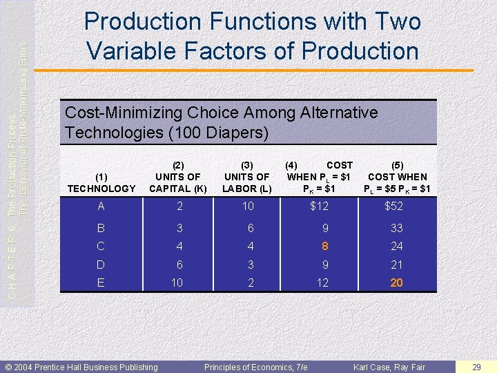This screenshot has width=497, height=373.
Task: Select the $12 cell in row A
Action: pyautogui.click(x=320, y=206)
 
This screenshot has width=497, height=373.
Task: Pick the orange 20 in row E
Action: pyautogui.click(x=396, y=283)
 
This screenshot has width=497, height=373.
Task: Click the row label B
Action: pyautogui.click(x=101, y=228)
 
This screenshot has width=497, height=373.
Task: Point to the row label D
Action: pyautogui.click(x=101, y=265)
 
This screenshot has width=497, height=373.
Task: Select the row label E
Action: pyautogui.click(x=101, y=283)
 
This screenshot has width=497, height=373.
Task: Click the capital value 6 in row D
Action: pyautogui.click(x=179, y=265)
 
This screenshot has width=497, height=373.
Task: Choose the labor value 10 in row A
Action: pyautogui.click(x=248, y=206)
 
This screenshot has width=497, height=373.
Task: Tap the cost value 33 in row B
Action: pyautogui.click(x=396, y=228)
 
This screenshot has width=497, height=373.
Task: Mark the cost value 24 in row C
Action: pyautogui.click(x=396, y=246)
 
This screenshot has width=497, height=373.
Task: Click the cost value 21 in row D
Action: pyautogui.click(x=396, y=265)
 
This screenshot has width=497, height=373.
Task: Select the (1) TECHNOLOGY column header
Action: pyautogui.click(x=101, y=183)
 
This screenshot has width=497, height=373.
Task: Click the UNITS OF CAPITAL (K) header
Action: pyautogui.click(x=178, y=177)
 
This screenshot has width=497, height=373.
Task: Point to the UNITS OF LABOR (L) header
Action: pyautogui.click(x=247, y=177)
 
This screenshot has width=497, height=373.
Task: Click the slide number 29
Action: pyautogui.click(x=476, y=367)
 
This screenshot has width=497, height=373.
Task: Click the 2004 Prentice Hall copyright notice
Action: pyautogui.click(x=81, y=367)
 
